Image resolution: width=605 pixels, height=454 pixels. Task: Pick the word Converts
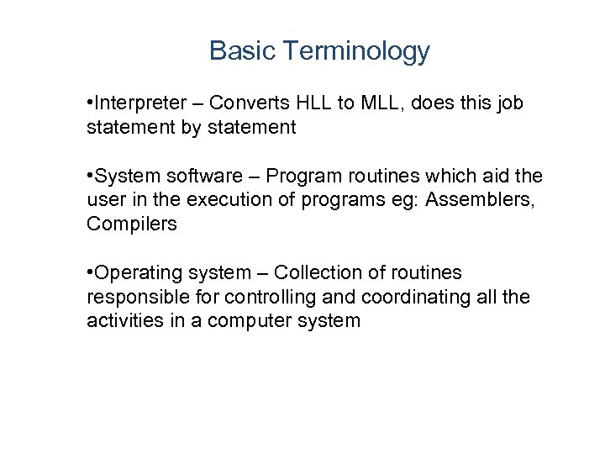[249, 103]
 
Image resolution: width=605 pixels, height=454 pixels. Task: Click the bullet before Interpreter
[90, 103]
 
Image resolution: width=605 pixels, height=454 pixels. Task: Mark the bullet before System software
[90, 177]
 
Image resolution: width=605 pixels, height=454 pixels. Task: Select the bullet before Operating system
[90, 273]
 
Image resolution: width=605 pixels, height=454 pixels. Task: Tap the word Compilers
[132, 224]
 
